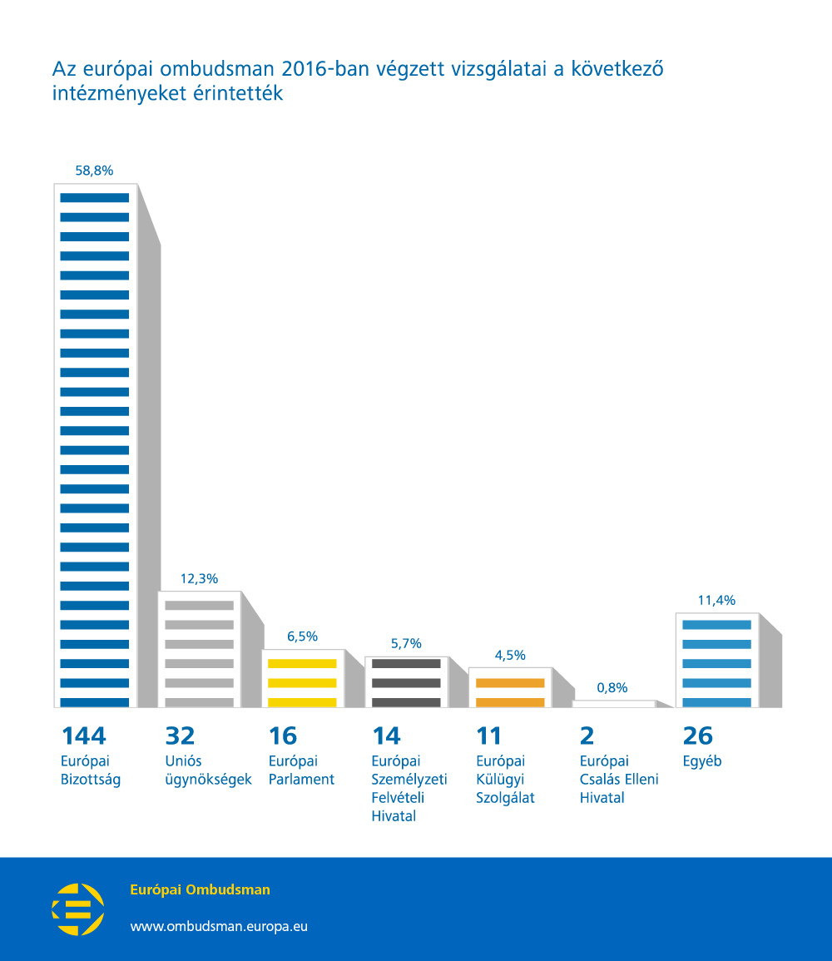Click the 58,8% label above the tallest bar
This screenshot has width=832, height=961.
tap(94, 171)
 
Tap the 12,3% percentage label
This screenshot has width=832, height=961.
tap(199, 578)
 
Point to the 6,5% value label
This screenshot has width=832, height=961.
tap(303, 637)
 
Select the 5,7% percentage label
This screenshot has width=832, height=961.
tap(406, 643)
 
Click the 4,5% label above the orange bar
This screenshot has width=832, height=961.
tap(510, 655)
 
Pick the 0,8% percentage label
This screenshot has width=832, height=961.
tap(612, 687)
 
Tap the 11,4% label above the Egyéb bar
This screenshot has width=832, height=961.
tap(717, 600)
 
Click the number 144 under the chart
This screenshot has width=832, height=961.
tap(84, 736)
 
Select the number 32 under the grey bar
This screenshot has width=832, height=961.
tap(180, 736)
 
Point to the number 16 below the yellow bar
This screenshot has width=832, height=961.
tap(283, 736)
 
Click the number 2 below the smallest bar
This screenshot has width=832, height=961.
tap(587, 736)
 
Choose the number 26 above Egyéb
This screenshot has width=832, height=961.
tap(698, 736)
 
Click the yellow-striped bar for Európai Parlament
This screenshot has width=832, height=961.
tap(303, 678)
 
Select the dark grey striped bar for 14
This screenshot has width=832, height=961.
tap(406, 682)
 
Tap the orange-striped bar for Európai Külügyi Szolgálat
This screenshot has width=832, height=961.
tap(510, 687)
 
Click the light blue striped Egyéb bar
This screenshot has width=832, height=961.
tap(717, 660)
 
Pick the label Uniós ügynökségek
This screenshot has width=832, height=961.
tap(208, 770)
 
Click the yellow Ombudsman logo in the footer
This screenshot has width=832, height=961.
tap(78, 909)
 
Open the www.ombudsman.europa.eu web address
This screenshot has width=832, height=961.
tap(219, 926)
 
